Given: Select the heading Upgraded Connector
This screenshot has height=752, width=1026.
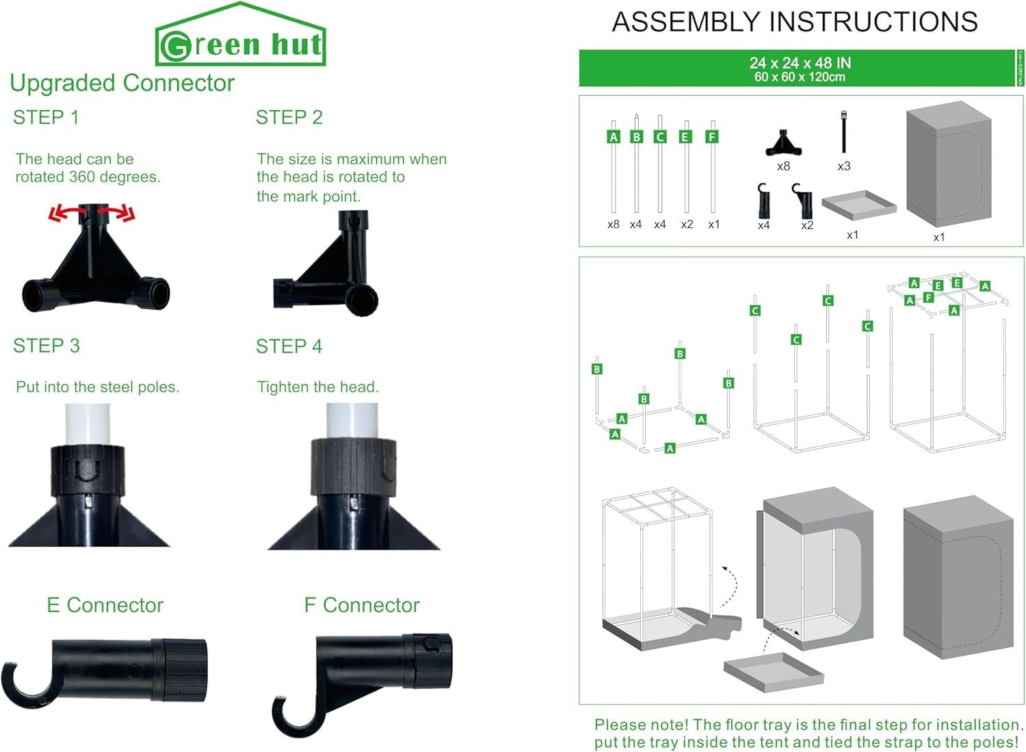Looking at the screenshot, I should (x=122, y=83).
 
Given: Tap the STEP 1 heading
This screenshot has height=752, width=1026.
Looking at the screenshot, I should (x=46, y=117).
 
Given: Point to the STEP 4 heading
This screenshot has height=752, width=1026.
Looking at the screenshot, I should (x=289, y=346).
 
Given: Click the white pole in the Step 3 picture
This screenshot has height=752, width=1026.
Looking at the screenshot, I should (x=88, y=424).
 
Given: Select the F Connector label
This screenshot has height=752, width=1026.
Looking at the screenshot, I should (x=361, y=605).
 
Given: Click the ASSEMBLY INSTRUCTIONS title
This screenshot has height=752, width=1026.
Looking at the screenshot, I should (x=794, y=22).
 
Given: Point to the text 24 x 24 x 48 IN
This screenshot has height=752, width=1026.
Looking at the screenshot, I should (x=800, y=63).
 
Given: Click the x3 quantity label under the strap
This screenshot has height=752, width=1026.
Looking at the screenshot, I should (x=843, y=166).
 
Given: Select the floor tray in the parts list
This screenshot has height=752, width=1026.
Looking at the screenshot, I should (x=858, y=205).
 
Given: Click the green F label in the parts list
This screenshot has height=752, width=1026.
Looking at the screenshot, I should (x=712, y=137).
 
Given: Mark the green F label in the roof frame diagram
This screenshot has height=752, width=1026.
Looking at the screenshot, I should (x=928, y=298).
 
